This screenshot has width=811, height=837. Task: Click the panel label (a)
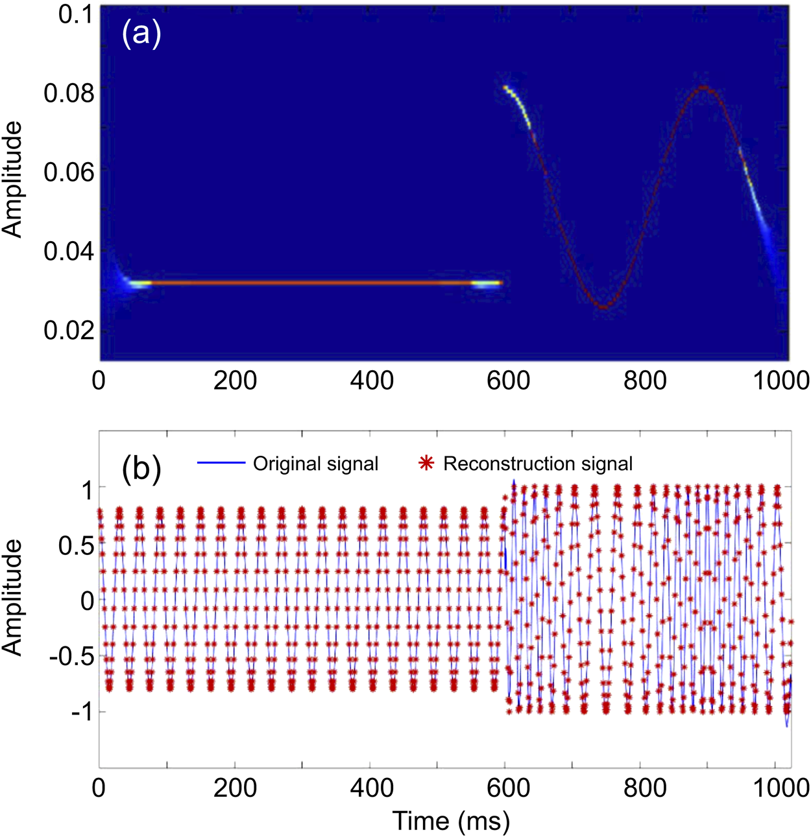(141, 34)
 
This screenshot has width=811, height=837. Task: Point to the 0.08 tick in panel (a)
(69, 93)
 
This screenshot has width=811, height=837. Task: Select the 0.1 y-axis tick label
(76, 14)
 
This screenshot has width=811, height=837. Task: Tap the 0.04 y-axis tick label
(69, 251)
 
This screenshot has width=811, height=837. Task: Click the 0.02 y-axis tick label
(69, 330)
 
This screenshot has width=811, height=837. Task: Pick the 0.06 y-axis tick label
(69, 172)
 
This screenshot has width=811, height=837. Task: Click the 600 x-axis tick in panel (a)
(508, 380)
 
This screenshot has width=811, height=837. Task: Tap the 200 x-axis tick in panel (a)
(235, 380)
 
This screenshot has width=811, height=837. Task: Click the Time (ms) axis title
(451, 821)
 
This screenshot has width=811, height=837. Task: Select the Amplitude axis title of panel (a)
(13, 180)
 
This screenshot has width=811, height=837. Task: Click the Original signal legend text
(315, 464)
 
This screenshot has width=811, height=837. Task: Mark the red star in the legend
(426, 463)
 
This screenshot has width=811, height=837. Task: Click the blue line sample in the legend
(221, 463)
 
